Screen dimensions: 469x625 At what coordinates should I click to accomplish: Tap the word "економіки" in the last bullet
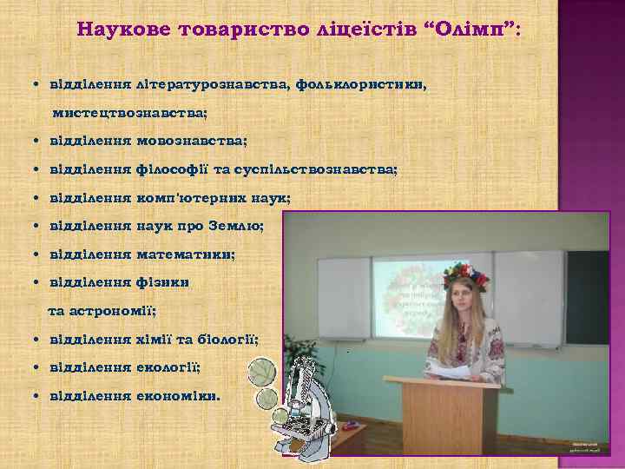tap(178, 395)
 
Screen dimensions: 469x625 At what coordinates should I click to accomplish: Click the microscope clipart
tap(299, 400)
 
